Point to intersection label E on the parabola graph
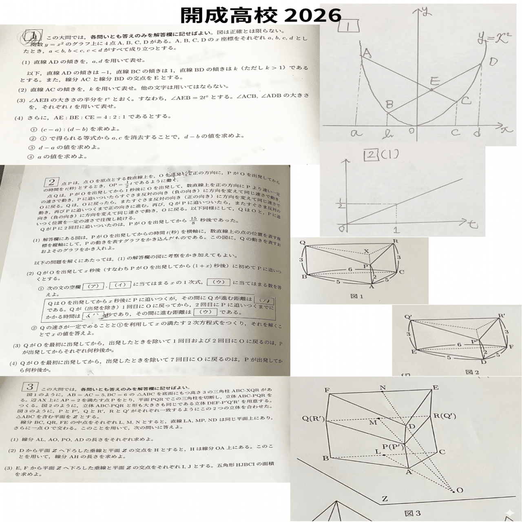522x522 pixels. (x=435, y=81)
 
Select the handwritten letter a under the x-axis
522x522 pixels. (x=356, y=133)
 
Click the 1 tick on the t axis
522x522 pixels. (x=397, y=230)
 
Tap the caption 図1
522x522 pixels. (x=357, y=296)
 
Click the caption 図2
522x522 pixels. (x=472, y=372)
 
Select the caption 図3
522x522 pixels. (x=412, y=513)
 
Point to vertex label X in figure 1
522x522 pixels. (x=366, y=251)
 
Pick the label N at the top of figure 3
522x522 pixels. (x=382, y=387)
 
